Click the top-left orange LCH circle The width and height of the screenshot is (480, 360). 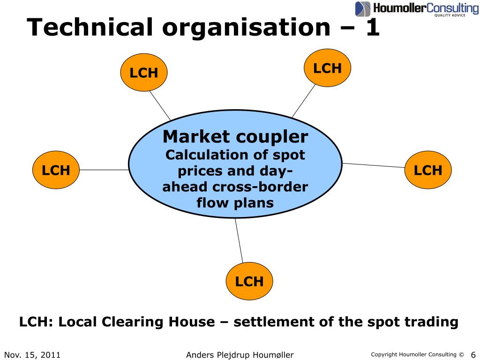[x=143, y=73]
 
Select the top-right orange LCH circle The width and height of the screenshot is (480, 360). [x=327, y=68]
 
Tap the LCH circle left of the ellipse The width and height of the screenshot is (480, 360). [x=56, y=170]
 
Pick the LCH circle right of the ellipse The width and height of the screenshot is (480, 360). [x=427, y=170]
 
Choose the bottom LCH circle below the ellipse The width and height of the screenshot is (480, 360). [x=249, y=281]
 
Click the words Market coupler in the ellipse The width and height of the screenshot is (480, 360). [x=235, y=137]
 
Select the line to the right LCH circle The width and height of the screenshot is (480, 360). [x=374, y=165]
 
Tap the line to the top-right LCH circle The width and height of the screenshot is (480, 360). [x=303, y=101]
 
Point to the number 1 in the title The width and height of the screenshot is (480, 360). [x=372, y=28]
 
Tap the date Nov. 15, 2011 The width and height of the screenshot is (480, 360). [x=32, y=355]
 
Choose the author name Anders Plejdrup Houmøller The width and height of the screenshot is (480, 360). [x=240, y=355]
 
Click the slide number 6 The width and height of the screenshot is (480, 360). [x=472, y=354]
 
